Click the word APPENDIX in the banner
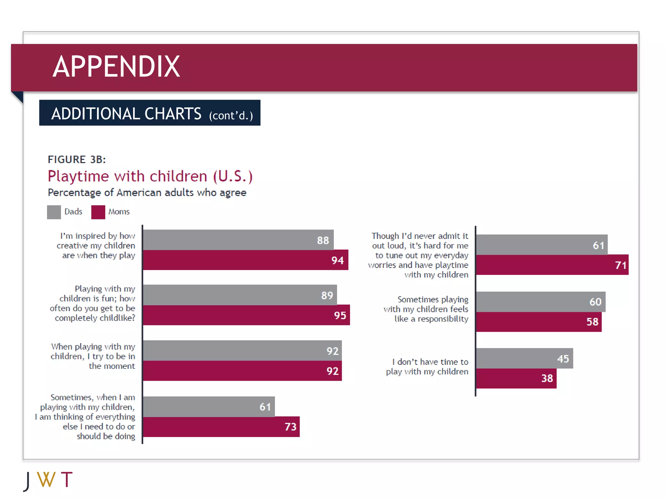click(x=116, y=67)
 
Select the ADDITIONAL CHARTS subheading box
click(x=150, y=113)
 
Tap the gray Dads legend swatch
click(x=54, y=212)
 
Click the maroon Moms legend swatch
click(x=98, y=212)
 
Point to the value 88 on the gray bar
click(x=323, y=240)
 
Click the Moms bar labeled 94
click(x=245, y=260)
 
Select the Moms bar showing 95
click(x=246, y=315)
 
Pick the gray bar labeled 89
click(x=240, y=295)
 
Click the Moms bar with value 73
click(x=221, y=427)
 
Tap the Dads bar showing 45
click(x=524, y=358)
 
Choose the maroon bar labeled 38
click(x=516, y=378)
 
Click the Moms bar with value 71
click(x=552, y=265)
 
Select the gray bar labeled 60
click(x=541, y=302)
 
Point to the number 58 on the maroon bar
click(x=592, y=322)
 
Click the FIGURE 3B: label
click(x=77, y=160)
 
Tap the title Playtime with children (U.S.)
click(x=150, y=176)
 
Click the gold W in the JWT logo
click(x=46, y=480)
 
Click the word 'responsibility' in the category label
click(x=443, y=319)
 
